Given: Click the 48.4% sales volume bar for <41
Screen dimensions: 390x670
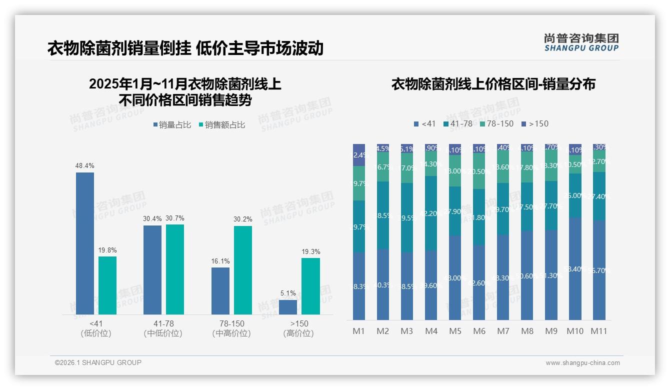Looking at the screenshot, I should tap(85, 243).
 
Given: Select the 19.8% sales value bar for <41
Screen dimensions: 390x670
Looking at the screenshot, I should tap(107, 285).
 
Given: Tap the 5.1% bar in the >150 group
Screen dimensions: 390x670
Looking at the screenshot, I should tap(288, 307).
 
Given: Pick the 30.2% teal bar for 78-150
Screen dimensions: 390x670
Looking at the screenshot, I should tap(243, 270).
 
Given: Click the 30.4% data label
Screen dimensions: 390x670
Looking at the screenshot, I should tap(152, 218).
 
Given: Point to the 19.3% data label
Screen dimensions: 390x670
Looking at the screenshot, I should tap(310, 251).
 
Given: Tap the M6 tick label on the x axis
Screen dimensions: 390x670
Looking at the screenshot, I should tap(479, 331).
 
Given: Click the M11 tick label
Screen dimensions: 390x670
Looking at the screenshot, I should tap(599, 331).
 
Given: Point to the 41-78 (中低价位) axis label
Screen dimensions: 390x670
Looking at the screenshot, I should tap(162, 328).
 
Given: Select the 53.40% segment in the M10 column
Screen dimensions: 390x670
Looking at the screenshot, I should tap(575, 268).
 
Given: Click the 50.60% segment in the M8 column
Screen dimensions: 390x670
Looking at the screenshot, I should tap(527, 275).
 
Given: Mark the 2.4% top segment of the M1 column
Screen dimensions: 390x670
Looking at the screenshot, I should tap(359, 155).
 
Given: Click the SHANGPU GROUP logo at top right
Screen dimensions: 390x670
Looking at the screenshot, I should tap(581, 42).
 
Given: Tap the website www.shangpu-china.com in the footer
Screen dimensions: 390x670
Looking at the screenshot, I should tap(582, 363).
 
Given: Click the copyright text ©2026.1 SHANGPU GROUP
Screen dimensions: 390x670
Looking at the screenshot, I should tap(98, 362).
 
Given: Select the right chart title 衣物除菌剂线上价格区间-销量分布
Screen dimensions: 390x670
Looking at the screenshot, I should tap(493, 84).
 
